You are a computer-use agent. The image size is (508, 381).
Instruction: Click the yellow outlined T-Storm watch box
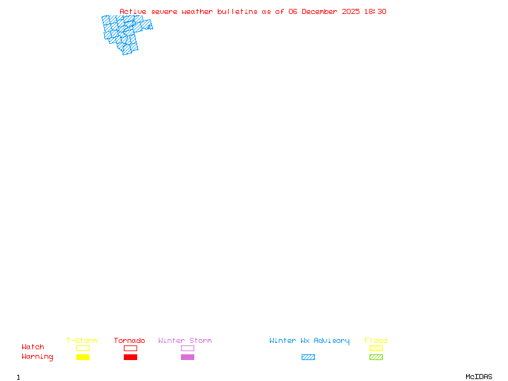click(83, 348)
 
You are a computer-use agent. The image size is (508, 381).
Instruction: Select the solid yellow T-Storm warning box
click(83, 357)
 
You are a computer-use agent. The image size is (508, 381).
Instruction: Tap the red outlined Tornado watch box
click(130, 348)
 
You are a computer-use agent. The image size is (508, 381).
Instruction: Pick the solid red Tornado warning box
click(130, 357)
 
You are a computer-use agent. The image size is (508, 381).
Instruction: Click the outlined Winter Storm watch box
click(187, 348)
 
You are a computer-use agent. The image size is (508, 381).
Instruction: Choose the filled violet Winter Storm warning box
click(187, 357)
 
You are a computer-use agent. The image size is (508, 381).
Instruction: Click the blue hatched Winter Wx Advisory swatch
click(308, 357)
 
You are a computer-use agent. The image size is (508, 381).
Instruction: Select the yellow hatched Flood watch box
click(376, 348)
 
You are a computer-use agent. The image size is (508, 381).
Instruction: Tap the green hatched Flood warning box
click(376, 357)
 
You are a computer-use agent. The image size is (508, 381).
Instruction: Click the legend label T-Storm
click(82, 341)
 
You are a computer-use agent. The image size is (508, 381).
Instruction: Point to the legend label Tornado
click(130, 341)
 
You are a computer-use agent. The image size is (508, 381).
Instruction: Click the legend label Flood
click(376, 341)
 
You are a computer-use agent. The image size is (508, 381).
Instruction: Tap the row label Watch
click(33, 347)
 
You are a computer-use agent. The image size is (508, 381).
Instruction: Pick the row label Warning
click(37, 357)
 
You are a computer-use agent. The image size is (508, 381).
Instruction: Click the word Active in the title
click(133, 11)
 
